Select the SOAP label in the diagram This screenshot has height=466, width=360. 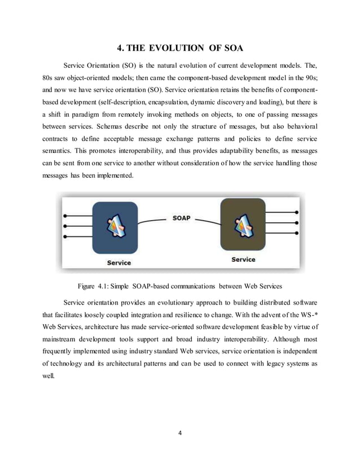[x=181, y=217]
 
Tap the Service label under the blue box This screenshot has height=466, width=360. [x=120, y=262]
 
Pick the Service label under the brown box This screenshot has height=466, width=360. [x=243, y=259]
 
